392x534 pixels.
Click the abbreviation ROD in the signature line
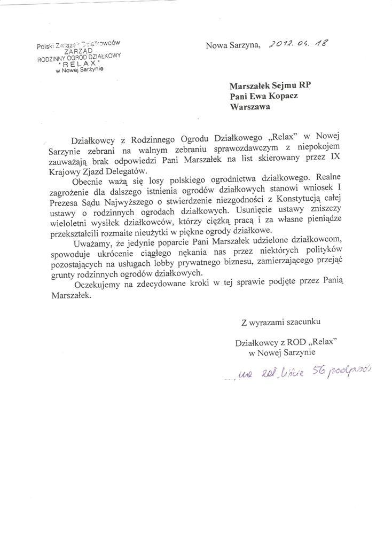[x=293, y=342]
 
